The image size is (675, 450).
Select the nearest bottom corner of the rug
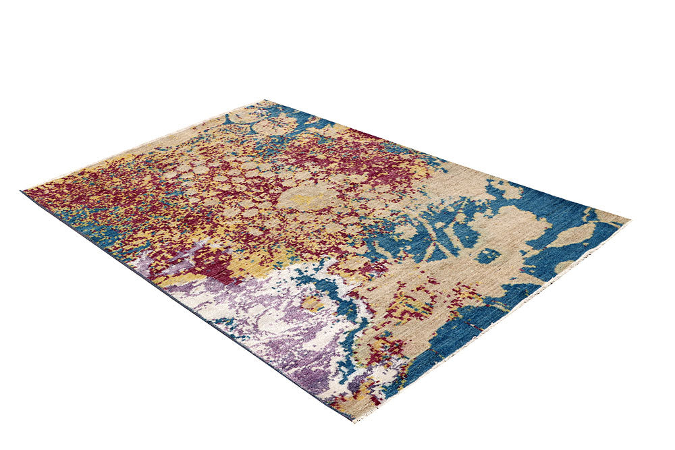[352, 419]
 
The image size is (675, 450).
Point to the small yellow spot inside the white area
[312, 303]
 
